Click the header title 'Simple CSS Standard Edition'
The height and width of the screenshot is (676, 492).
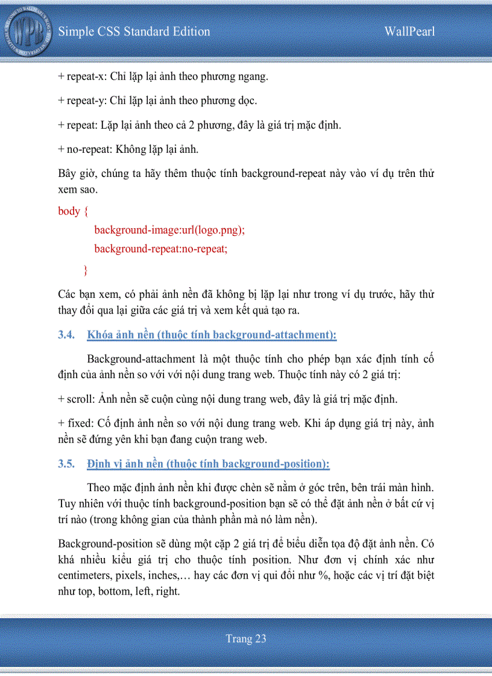click(134, 32)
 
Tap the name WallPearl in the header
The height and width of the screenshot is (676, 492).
click(409, 32)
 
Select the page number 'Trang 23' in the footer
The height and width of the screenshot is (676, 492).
click(246, 639)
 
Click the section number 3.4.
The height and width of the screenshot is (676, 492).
click(66, 335)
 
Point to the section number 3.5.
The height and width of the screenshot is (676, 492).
click(66, 464)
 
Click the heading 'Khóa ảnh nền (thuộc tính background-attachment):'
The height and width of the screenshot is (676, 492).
click(212, 335)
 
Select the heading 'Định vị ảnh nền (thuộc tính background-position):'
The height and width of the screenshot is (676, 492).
click(208, 464)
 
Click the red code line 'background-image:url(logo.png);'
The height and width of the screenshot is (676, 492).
click(169, 230)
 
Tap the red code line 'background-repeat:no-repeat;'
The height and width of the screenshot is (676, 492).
click(160, 249)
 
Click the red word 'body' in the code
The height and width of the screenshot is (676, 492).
click(69, 211)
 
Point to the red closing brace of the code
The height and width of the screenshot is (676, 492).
click(85, 269)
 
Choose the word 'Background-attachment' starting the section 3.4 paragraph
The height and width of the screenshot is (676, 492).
click(140, 359)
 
